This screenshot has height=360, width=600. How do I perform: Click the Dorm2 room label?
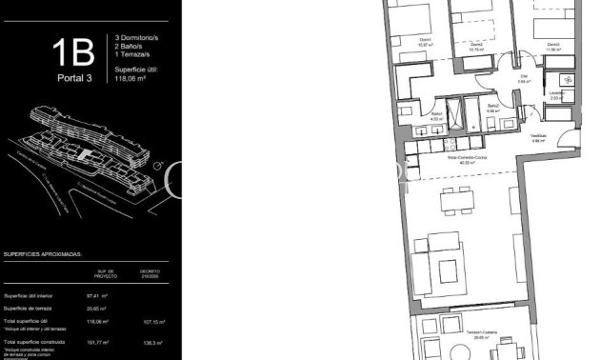477,46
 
